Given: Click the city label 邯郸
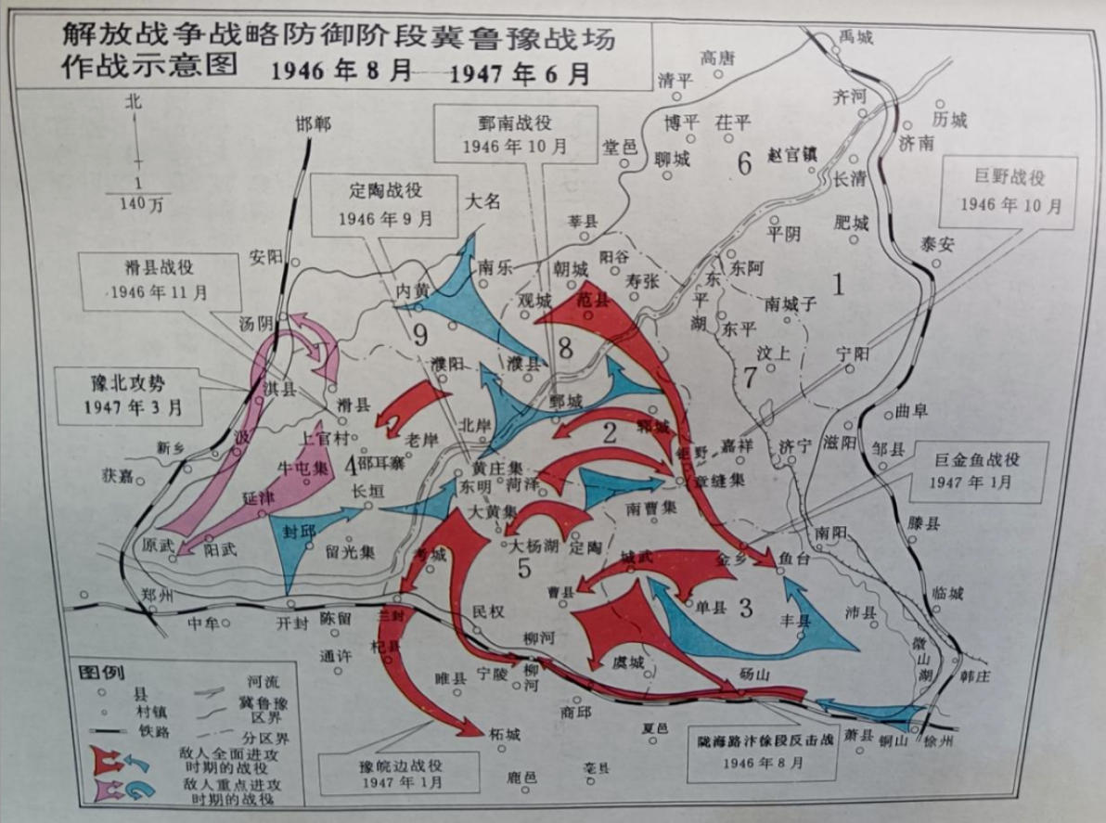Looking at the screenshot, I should point(313,124).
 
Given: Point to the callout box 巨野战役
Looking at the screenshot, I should point(1010,190).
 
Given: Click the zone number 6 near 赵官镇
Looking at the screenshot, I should point(743,163).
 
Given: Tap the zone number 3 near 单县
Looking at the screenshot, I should point(745,609).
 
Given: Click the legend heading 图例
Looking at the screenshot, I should point(101,671).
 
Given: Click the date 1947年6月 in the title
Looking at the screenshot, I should point(520,73).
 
